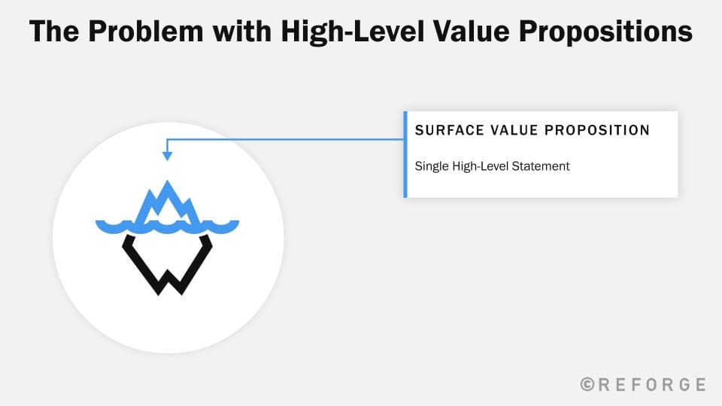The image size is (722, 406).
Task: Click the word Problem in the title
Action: click(x=145, y=32)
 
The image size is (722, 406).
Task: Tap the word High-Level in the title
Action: click(x=352, y=32)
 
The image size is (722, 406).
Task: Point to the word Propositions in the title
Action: click(x=605, y=32)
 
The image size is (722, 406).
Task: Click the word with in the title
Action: click(x=242, y=32)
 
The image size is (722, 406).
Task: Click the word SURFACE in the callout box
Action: click(x=450, y=130)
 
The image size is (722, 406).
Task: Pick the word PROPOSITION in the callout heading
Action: click(x=596, y=130)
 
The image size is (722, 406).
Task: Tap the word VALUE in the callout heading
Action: click(x=514, y=130)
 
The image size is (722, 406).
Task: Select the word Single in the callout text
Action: click(x=432, y=166)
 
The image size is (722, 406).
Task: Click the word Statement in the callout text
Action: click(x=541, y=165)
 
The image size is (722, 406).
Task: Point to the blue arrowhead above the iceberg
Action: click(x=167, y=156)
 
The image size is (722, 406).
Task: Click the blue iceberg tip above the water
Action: click(x=167, y=201)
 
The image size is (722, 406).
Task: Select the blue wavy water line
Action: click(x=167, y=226)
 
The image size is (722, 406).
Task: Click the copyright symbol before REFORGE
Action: click(x=587, y=384)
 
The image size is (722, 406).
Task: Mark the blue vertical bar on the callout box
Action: click(x=405, y=154)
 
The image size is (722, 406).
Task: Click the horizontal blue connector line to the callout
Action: click(x=285, y=139)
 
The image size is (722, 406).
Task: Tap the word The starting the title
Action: click(x=54, y=32)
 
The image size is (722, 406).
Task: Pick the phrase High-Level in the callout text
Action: click(x=481, y=166)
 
